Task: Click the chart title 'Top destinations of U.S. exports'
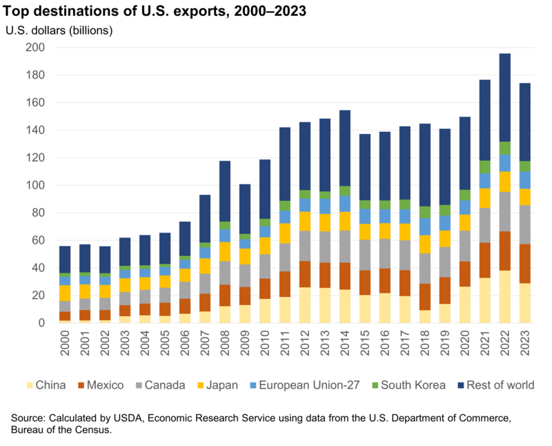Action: coord(156,12)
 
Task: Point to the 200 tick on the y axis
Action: coord(35,48)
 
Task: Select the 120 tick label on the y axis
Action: coord(35,158)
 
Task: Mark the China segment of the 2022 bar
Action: coord(504,297)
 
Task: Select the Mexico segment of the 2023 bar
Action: coord(524,264)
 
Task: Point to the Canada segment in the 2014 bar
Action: coord(345,246)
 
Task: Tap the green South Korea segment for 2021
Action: coord(484,167)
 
